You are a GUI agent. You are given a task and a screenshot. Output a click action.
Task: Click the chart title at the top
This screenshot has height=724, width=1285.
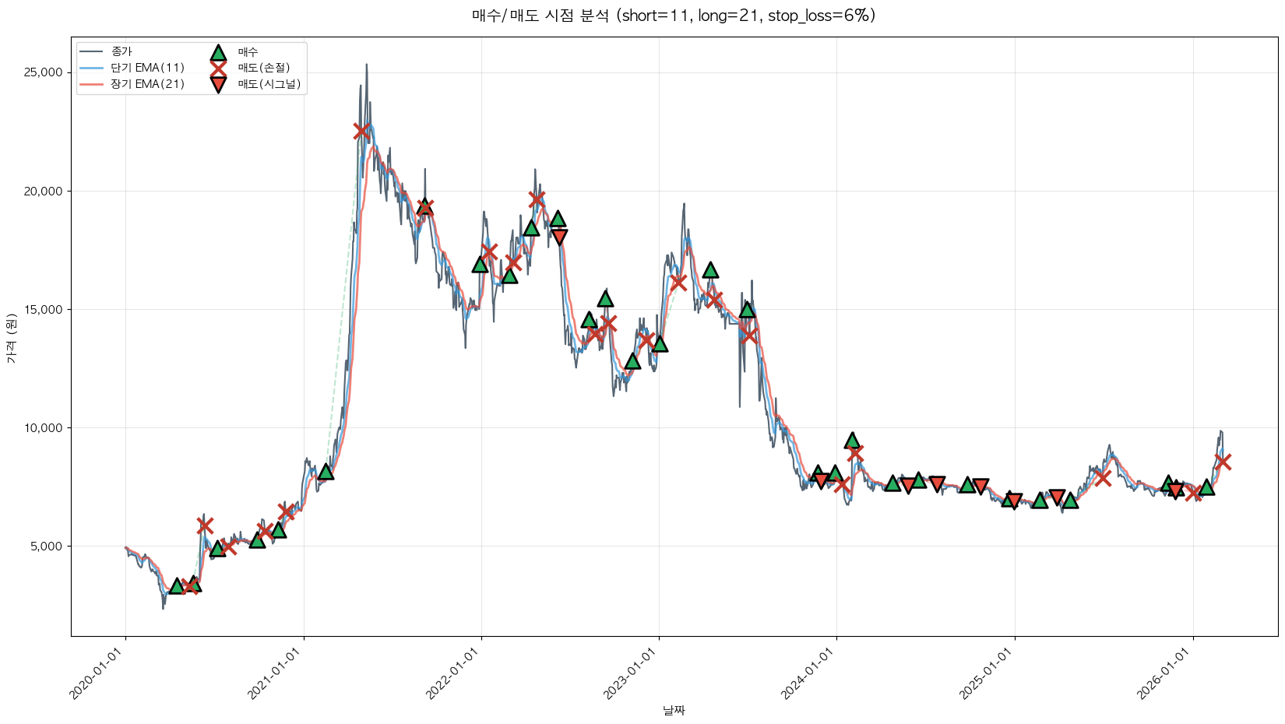coord(674,16)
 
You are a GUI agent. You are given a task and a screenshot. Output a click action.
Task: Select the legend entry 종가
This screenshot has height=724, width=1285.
coord(121,51)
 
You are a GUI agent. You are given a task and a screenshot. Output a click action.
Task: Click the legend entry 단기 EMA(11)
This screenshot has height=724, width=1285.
coord(147,68)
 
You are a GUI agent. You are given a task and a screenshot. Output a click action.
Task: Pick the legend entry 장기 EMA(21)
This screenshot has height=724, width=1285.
coord(147,84)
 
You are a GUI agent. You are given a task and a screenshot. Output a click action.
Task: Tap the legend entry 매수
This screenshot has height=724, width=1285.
coord(248,51)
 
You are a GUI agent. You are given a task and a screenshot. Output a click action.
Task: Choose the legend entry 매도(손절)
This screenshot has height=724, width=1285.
coord(263,68)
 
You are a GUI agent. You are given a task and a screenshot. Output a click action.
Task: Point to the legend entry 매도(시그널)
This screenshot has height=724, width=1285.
coord(269,84)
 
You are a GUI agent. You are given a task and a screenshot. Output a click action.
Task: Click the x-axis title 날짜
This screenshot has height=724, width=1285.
coord(674,710)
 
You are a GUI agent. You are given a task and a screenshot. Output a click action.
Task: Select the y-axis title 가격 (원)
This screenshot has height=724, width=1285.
coord(11,338)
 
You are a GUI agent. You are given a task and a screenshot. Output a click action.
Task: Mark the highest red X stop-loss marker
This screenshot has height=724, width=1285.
coord(361,132)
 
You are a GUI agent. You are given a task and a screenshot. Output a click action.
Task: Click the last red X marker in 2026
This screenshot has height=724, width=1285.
coord(1223,462)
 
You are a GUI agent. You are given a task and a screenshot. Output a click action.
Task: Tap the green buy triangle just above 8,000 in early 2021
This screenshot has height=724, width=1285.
coord(326,472)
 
